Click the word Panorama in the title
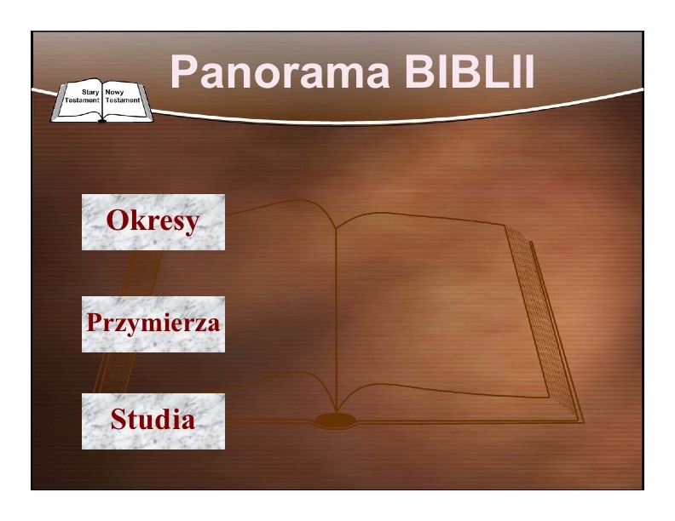click(280, 72)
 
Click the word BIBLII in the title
click(470, 72)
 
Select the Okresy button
click(153, 222)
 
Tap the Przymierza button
click(153, 324)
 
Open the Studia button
click(153, 421)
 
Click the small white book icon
click(102, 100)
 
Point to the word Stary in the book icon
click(90, 92)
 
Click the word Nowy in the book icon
click(114, 92)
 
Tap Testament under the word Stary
click(82, 100)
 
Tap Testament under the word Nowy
click(123, 100)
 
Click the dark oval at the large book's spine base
click(335, 420)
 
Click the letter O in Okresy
click(117, 220)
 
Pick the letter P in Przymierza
click(95, 322)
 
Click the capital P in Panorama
click(183, 72)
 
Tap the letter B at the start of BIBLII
click(418, 72)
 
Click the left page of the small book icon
click(79, 100)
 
